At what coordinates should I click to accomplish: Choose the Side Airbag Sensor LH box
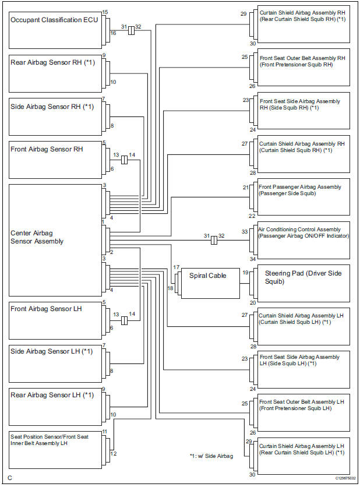pos(55,362)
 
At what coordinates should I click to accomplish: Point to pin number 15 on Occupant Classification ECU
pos(105,12)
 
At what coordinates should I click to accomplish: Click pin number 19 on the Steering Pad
pos(246,272)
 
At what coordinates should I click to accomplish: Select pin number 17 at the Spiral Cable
pos(175,267)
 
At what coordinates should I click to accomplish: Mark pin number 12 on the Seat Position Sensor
pos(114,453)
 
